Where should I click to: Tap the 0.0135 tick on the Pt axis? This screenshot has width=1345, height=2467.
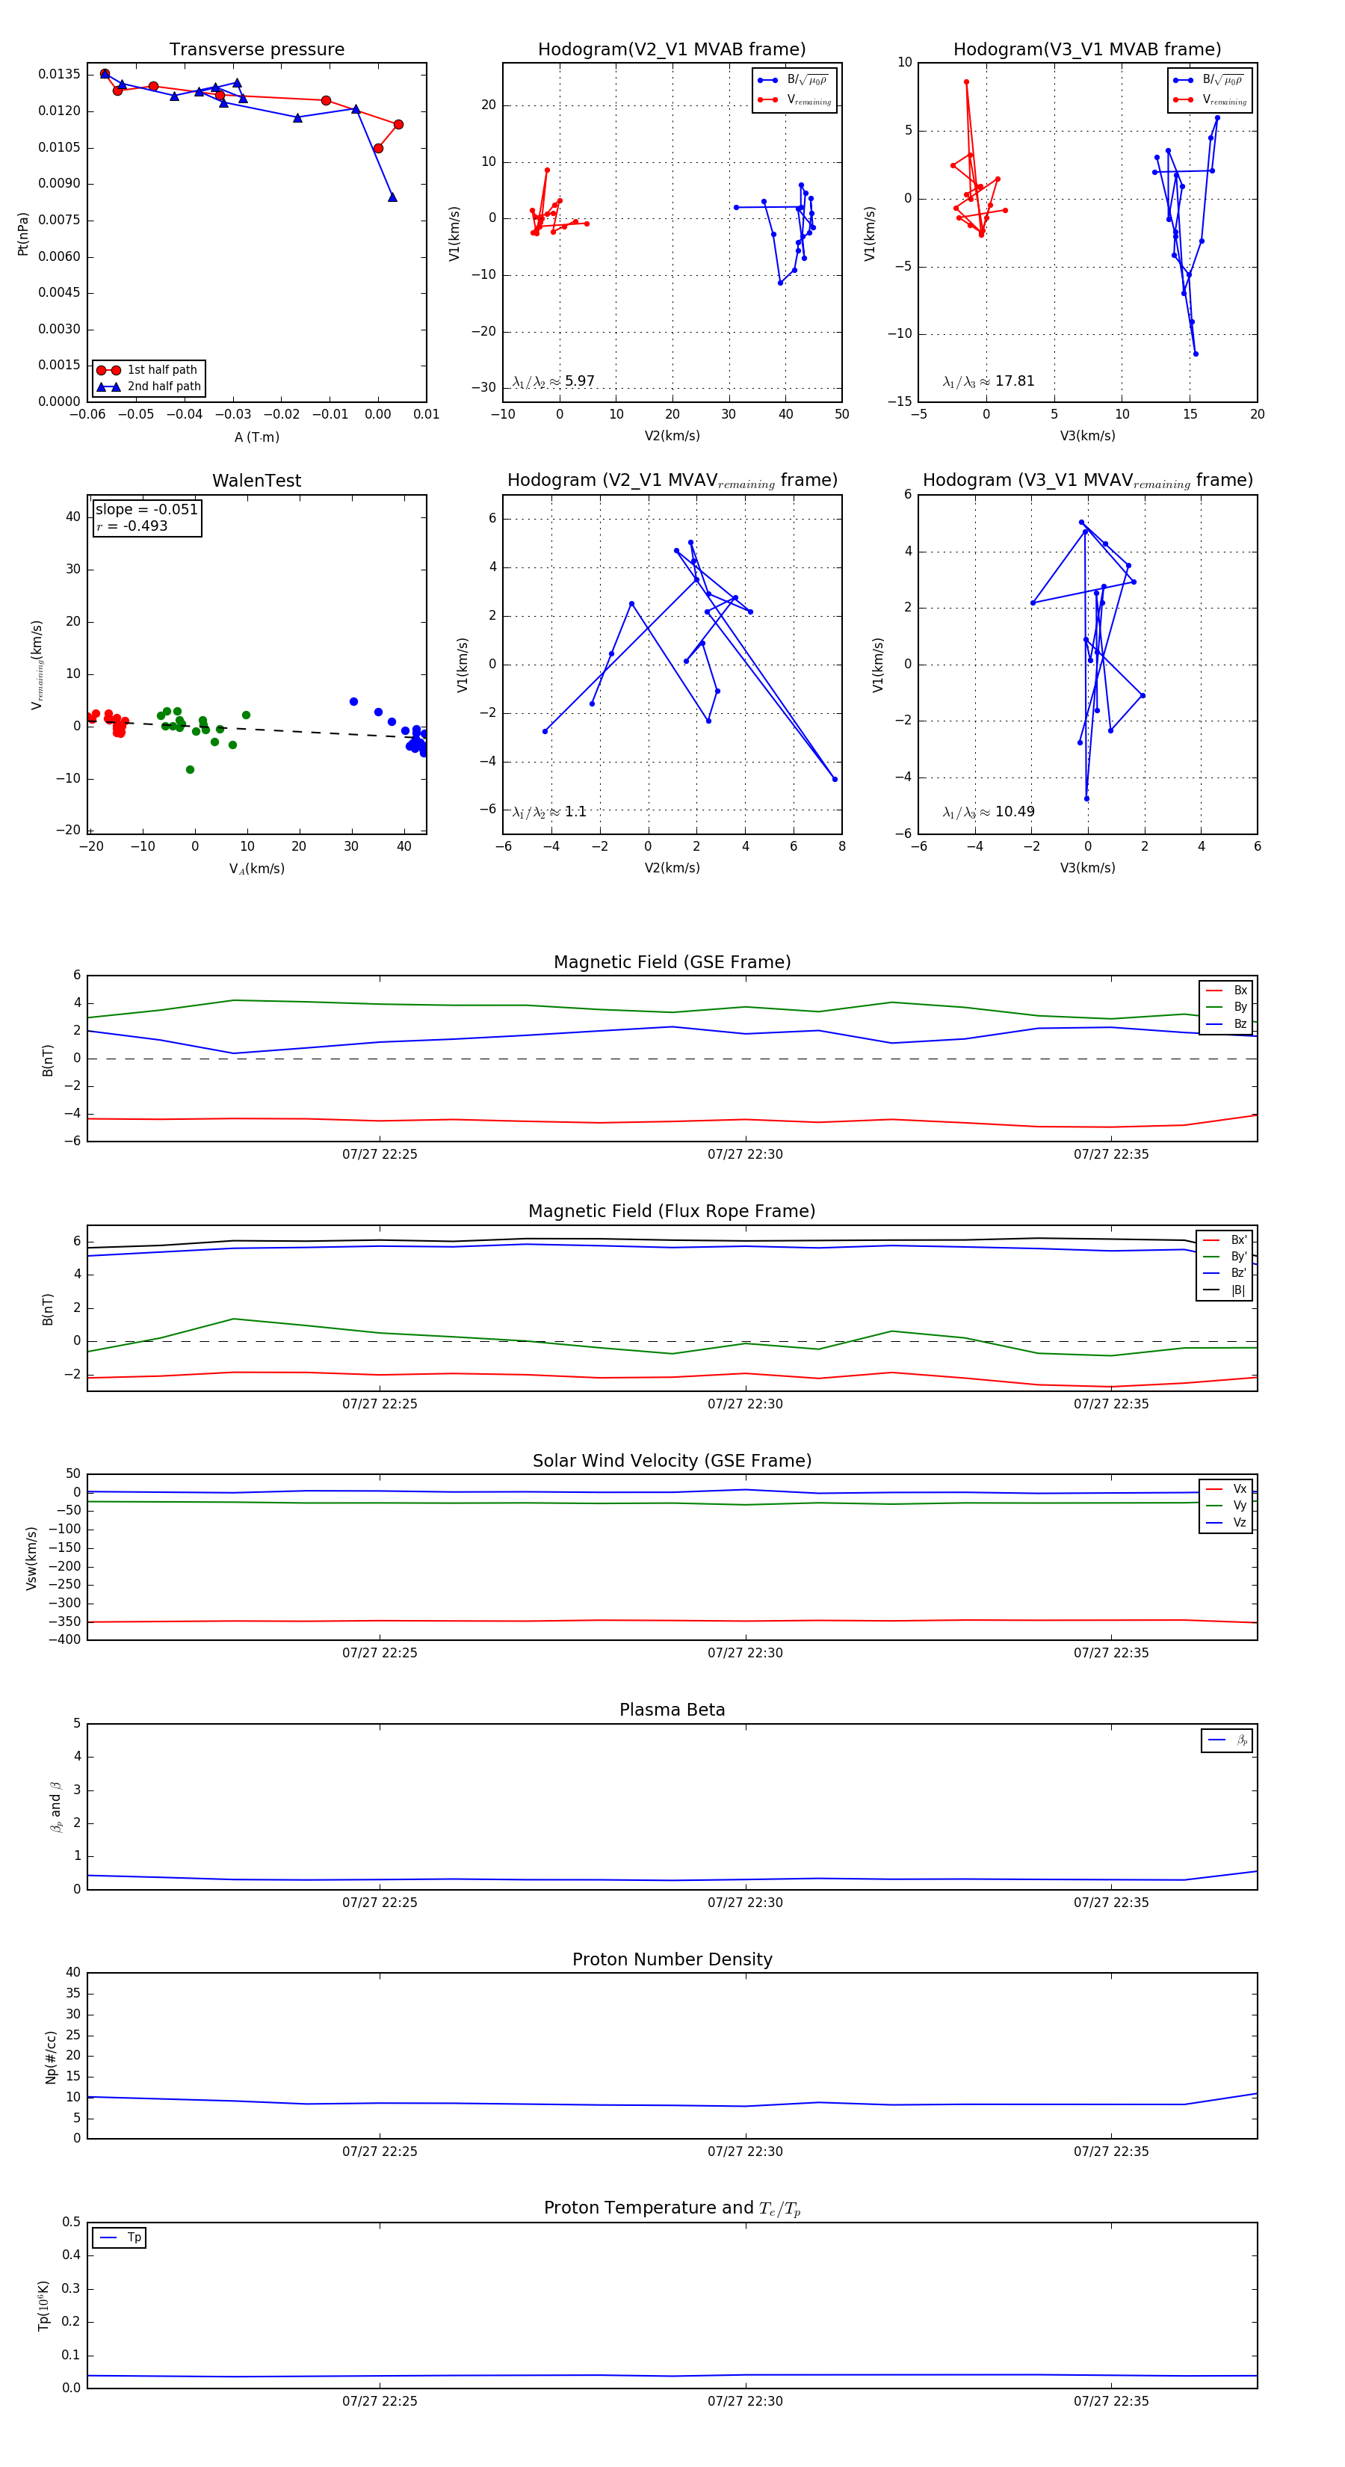tap(58, 75)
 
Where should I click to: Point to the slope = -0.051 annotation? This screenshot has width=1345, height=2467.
tap(146, 510)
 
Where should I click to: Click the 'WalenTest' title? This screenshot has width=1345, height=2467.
tap(256, 481)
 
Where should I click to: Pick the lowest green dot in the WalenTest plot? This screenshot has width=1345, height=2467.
tap(191, 770)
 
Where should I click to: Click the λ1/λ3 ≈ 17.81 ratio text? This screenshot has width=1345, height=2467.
tap(989, 381)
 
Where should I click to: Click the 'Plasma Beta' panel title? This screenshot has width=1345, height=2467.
tap(672, 1710)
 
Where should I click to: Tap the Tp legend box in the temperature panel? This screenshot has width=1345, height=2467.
tap(120, 2237)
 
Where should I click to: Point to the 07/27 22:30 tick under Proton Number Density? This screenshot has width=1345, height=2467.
tap(745, 2151)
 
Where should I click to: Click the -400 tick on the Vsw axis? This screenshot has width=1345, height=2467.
tap(69, 1639)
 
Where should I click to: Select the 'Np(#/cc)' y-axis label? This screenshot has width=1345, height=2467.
tap(52, 2057)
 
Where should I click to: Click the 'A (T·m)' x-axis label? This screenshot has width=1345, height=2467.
tap(256, 437)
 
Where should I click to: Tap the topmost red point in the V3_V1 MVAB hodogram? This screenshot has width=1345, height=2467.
tap(966, 82)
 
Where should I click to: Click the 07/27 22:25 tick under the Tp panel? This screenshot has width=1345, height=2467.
tap(380, 2401)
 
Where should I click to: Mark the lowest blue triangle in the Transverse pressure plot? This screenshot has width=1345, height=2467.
tap(392, 197)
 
